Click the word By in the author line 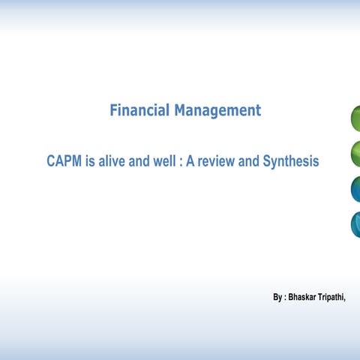click(278, 297)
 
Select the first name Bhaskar click(304, 297)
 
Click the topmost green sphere click(355, 118)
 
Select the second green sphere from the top click(355, 154)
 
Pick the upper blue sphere click(355, 189)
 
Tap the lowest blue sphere click(355, 223)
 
